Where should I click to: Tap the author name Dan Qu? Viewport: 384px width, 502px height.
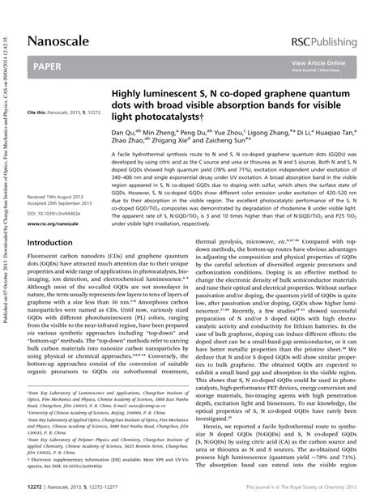pos(122,131)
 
